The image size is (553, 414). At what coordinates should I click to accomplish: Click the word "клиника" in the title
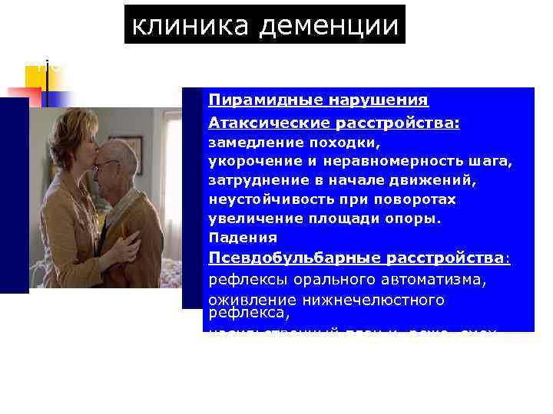(190, 25)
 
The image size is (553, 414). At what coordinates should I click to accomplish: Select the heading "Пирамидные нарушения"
(318, 100)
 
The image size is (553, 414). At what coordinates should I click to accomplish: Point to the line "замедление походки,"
(295, 143)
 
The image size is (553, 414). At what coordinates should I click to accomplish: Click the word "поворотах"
(421, 199)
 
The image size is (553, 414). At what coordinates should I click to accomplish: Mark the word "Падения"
(233, 238)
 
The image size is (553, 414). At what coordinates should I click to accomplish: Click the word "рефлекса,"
(249, 313)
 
